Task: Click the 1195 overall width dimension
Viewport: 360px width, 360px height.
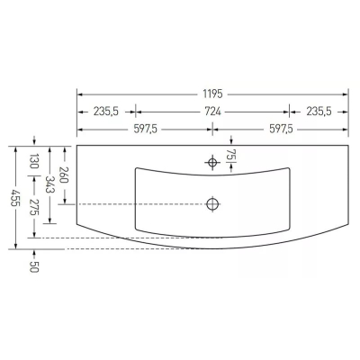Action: click(212, 94)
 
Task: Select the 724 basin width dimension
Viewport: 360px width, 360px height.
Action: click(212, 112)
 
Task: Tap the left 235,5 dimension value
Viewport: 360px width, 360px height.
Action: click(106, 112)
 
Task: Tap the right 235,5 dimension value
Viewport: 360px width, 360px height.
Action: click(319, 112)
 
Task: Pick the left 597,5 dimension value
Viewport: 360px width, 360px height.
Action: click(145, 129)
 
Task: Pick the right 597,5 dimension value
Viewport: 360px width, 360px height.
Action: click(281, 129)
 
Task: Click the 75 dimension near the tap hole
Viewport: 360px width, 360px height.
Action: click(230, 155)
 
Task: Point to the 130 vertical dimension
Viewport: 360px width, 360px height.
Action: click(34, 161)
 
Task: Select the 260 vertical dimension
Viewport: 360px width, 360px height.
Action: click(65, 175)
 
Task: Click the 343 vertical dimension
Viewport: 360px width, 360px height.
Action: click(49, 184)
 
